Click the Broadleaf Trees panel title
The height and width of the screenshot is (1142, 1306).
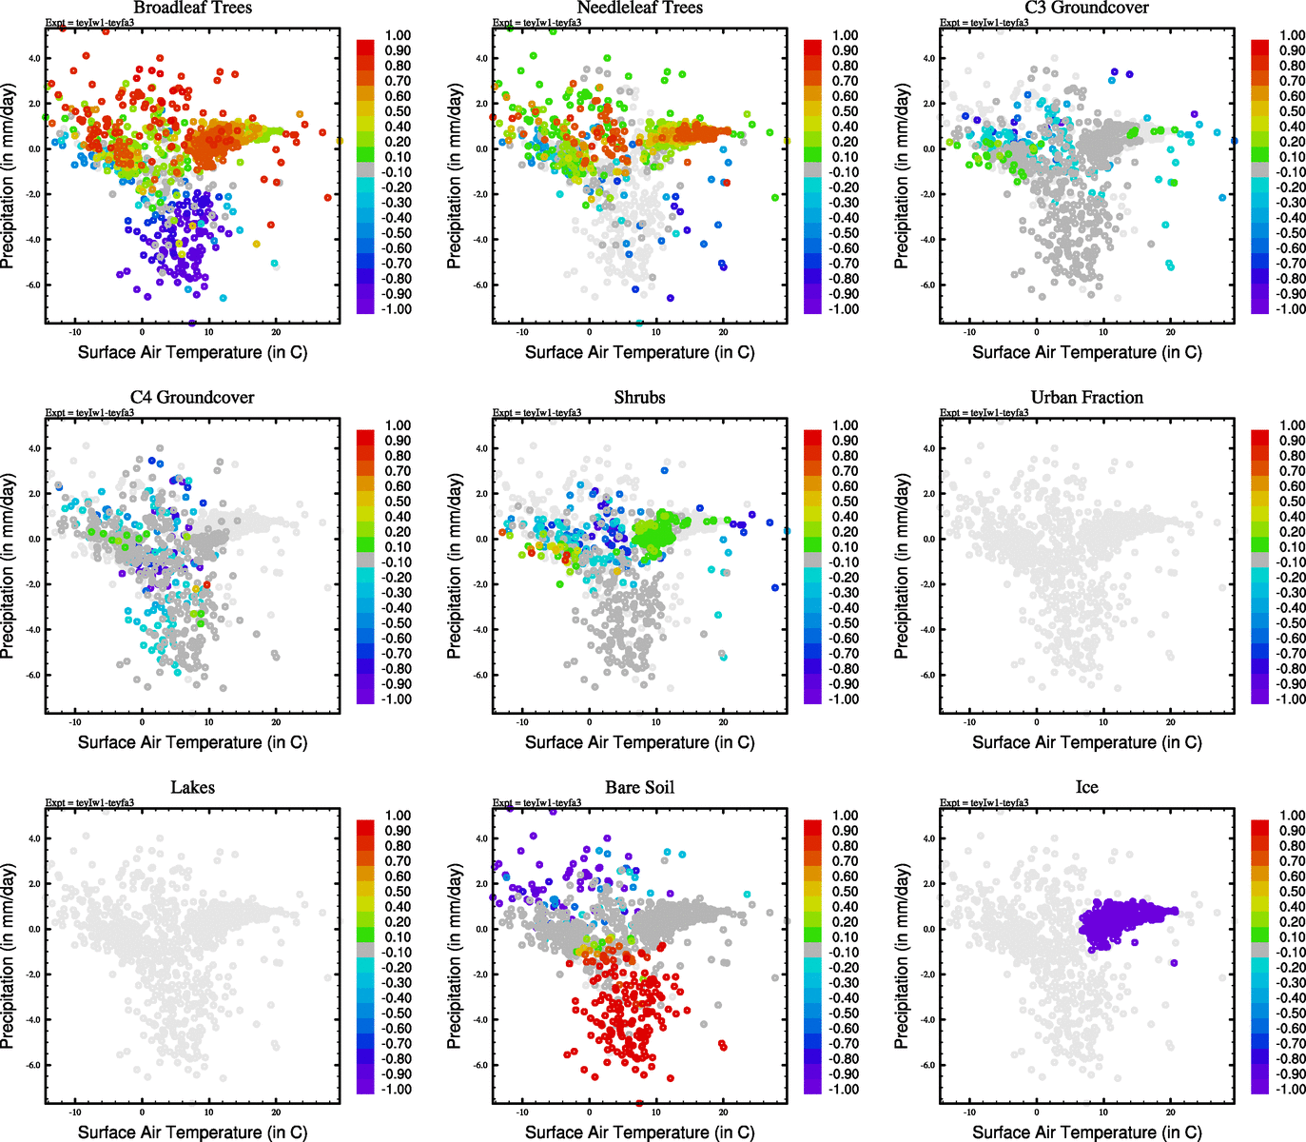click(x=192, y=8)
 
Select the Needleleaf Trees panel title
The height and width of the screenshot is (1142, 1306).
click(x=639, y=8)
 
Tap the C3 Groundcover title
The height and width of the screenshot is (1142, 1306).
click(x=1086, y=8)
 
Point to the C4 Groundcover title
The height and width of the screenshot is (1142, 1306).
click(x=192, y=398)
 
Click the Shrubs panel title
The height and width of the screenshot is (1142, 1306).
click(x=639, y=398)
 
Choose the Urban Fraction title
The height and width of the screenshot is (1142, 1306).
click(x=1086, y=398)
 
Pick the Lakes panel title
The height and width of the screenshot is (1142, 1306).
click(x=192, y=788)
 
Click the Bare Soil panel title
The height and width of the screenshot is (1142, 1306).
click(x=639, y=788)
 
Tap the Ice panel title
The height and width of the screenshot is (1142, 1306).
click(x=1086, y=788)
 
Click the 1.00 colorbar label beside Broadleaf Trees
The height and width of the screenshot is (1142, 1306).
click(x=398, y=36)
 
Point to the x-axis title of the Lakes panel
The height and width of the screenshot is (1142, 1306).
click(x=192, y=1132)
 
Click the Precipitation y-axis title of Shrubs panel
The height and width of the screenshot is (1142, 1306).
click(x=454, y=566)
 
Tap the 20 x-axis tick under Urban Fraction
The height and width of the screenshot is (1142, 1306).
click(x=1171, y=722)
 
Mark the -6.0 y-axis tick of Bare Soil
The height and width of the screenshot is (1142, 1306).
click(x=481, y=1065)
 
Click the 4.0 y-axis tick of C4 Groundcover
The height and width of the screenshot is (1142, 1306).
click(x=34, y=448)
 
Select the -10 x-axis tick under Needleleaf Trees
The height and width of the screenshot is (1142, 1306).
click(x=522, y=332)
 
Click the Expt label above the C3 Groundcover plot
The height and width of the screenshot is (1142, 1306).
click(x=984, y=23)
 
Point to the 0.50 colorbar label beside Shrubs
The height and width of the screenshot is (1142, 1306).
click(x=845, y=502)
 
